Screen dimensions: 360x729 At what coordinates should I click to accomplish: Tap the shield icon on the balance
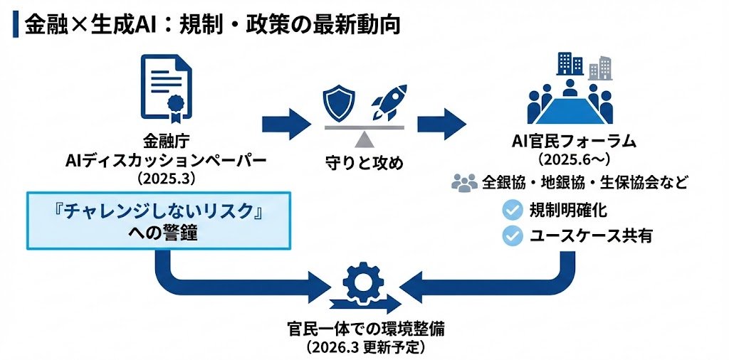click(x=339, y=104)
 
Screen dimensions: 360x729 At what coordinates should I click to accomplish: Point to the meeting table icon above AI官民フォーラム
click(x=569, y=104)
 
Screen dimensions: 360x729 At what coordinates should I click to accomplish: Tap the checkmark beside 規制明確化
click(x=513, y=210)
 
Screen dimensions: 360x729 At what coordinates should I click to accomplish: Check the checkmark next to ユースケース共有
click(x=513, y=235)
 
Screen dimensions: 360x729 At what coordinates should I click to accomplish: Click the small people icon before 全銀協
click(x=464, y=184)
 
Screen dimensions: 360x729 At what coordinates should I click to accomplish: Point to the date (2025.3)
click(x=166, y=179)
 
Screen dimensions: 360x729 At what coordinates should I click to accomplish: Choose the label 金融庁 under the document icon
click(x=166, y=140)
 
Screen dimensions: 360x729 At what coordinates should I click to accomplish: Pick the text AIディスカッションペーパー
click(x=166, y=160)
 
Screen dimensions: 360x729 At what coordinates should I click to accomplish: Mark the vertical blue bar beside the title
click(x=15, y=23)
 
